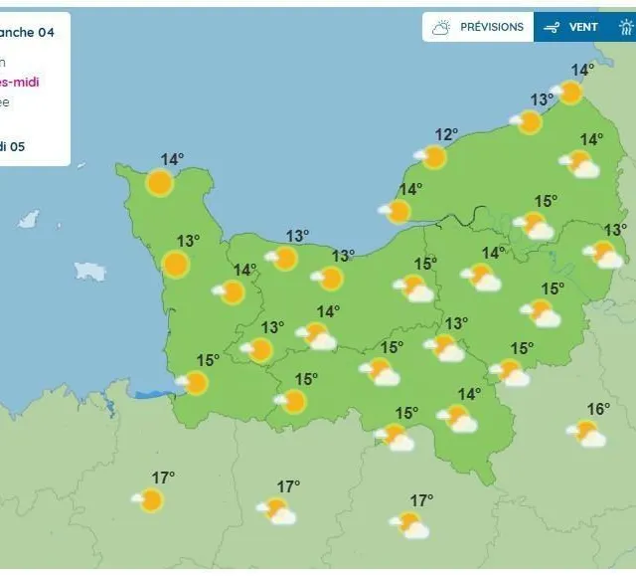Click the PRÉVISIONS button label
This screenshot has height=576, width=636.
click(x=491, y=27)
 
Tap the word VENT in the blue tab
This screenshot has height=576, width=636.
click(x=583, y=27)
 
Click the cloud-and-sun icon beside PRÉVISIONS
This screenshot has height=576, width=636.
click(x=440, y=27)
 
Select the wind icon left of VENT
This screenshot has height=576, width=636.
click(x=553, y=27)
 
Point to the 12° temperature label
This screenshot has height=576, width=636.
click(x=446, y=134)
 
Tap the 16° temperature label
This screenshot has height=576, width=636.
click(x=598, y=409)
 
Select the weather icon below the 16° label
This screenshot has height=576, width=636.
click(x=586, y=433)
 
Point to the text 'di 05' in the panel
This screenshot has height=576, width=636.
click(x=12, y=146)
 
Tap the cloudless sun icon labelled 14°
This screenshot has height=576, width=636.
click(x=159, y=182)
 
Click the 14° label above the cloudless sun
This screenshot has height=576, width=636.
click(x=173, y=159)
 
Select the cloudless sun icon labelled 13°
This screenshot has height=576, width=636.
click(x=176, y=264)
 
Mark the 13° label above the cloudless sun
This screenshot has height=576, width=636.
click(x=189, y=240)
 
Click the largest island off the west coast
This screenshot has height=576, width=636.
click(x=90, y=271)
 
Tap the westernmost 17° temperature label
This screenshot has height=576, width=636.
click(x=163, y=478)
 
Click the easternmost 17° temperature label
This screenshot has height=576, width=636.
click(x=422, y=499)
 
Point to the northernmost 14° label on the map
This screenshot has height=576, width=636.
click(x=582, y=70)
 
